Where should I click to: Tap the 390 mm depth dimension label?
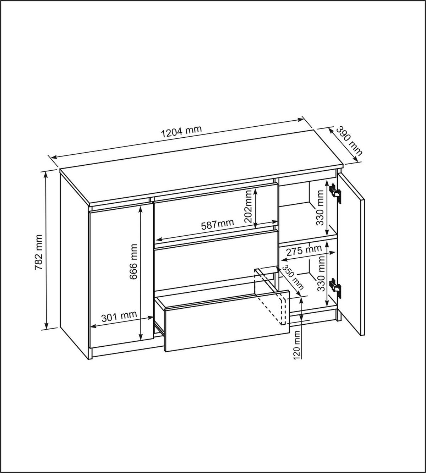[349, 141]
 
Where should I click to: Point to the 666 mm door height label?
[133, 261]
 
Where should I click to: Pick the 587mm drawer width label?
[217, 225]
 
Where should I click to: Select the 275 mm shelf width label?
[304, 251]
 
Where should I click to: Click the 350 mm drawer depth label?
[293, 278]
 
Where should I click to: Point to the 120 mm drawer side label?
[297, 344]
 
